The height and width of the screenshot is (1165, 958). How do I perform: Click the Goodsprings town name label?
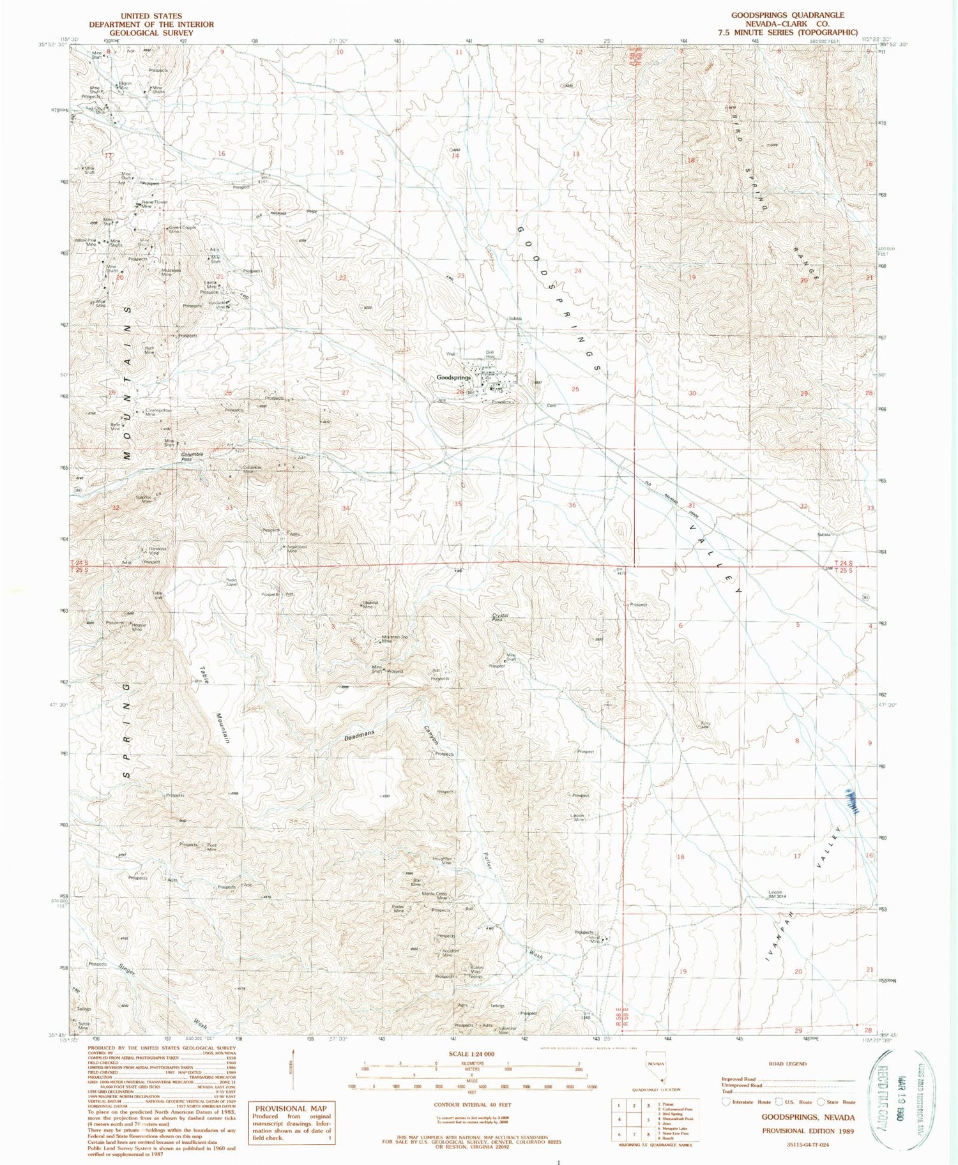453,378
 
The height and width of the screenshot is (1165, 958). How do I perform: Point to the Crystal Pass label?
500,617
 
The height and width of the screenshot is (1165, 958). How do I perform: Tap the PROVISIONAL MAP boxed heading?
291,1108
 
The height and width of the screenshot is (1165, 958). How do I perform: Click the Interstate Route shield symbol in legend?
726,1101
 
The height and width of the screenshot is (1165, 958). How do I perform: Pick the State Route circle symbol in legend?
821,1101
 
